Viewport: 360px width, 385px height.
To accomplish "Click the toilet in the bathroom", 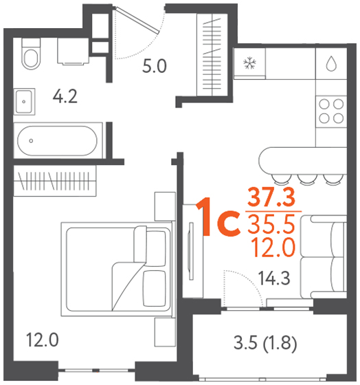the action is pos(31,54).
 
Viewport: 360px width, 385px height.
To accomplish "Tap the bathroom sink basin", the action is pos(24,102).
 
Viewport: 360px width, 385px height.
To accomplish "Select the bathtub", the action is pos(58,141).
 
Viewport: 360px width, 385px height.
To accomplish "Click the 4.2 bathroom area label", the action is pos(65,96).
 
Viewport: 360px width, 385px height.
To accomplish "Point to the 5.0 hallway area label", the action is pos(155,66).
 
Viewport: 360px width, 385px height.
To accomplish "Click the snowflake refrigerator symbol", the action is pos(249,63).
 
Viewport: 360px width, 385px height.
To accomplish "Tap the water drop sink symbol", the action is pos(331,63).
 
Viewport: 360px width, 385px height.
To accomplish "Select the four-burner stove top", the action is pos(331,111).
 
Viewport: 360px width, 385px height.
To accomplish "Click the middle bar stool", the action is pos(306,179).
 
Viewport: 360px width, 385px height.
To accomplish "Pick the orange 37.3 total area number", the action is pos(271,197).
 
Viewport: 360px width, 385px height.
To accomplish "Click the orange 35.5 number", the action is pos(271,224).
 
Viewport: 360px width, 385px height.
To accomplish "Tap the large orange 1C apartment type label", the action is pos(218,217).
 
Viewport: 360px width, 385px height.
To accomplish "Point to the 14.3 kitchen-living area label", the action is pos(274,278).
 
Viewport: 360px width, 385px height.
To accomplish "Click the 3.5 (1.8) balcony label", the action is pos(265,343).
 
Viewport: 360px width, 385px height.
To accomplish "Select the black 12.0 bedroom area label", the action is pos(42,340).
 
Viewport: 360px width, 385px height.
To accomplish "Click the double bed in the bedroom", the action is pos(117,269).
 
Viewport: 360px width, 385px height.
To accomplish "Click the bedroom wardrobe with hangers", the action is pos(55,181).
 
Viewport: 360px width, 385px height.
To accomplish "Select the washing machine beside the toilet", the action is pos(73,52).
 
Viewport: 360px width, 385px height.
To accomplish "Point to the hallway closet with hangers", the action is pos(212,54).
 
